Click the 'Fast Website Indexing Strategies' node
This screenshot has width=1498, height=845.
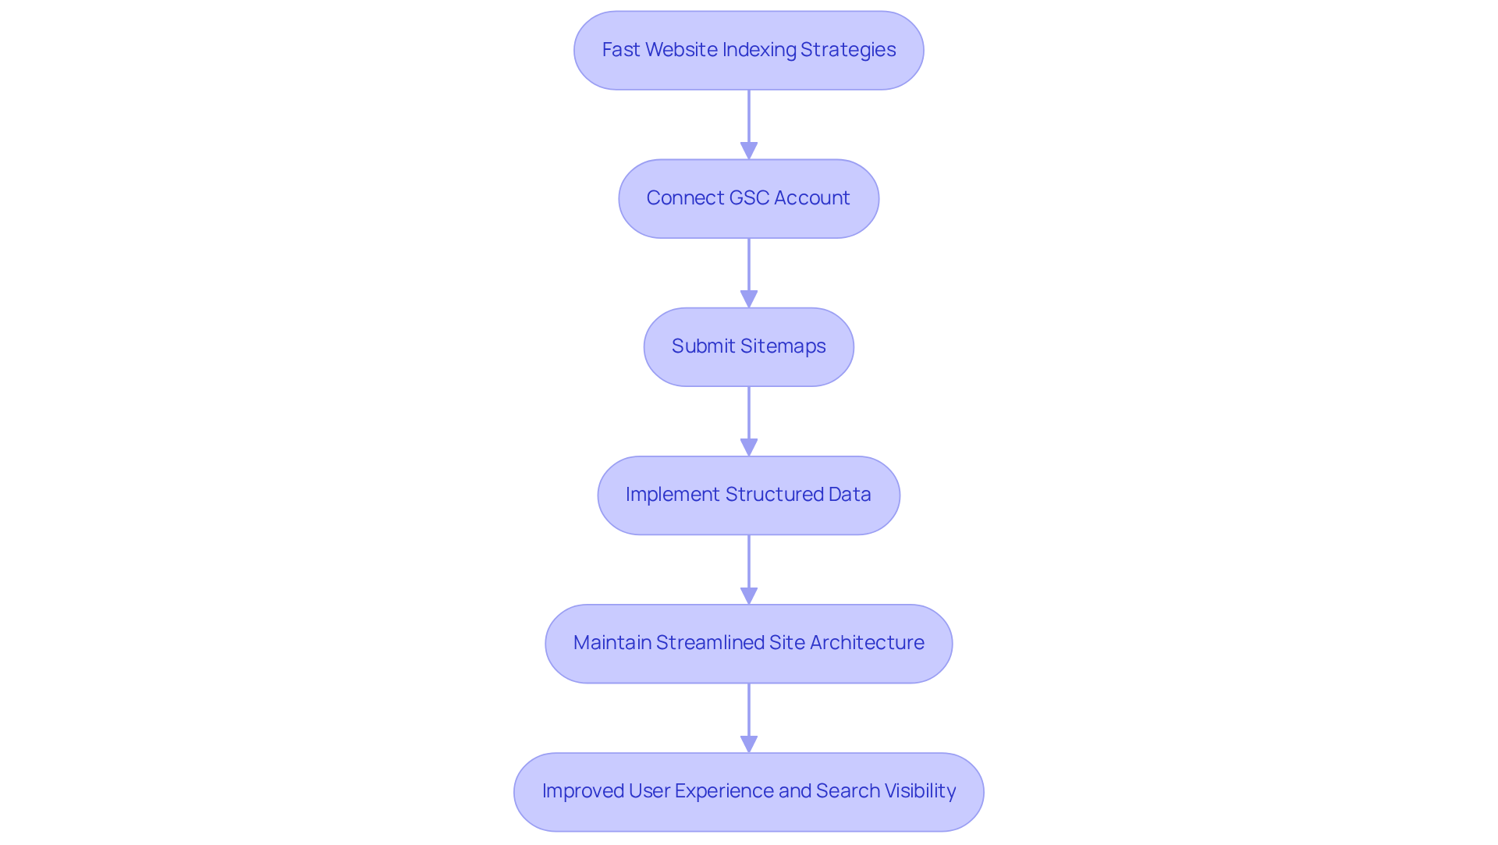click(x=748, y=50)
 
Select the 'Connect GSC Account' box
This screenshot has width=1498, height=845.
click(x=748, y=198)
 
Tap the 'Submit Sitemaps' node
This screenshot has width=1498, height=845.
click(x=748, y=346)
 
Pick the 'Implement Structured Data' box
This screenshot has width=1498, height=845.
click(x=748, y=495)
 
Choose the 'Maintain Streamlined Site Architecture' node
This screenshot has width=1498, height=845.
click(x=748, y=643)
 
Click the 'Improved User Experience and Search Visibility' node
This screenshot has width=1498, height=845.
click(x=748, y=791)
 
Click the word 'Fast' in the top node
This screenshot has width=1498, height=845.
click(x=621, y=50)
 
